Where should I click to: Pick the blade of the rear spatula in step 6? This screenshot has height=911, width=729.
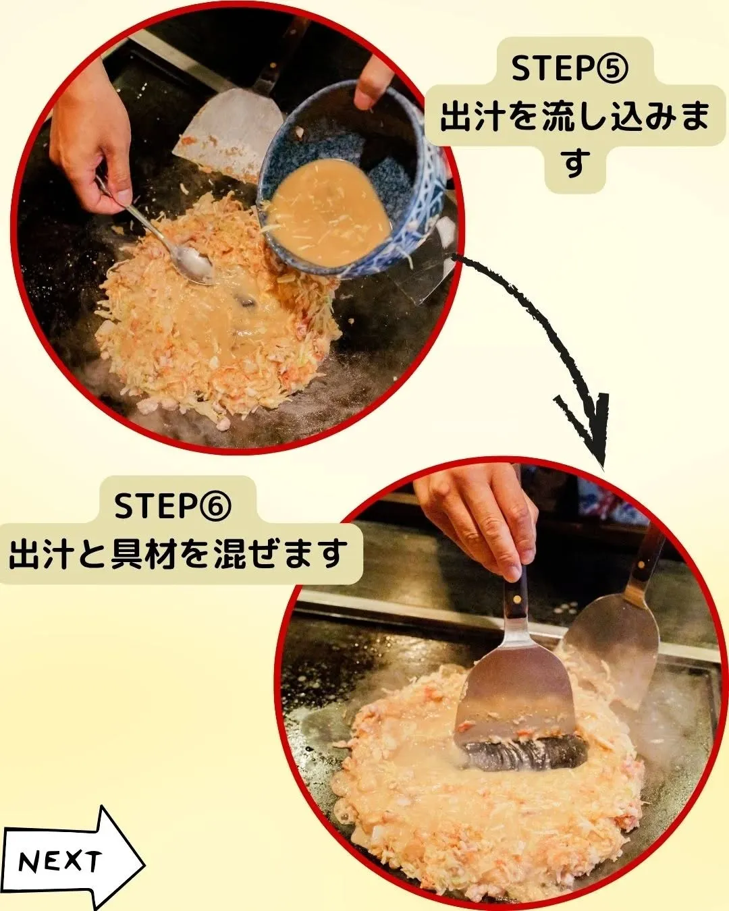click(618, 648)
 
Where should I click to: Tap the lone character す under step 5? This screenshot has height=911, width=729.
click(574, 163)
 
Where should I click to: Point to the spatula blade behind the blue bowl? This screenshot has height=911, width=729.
click(226, 125)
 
